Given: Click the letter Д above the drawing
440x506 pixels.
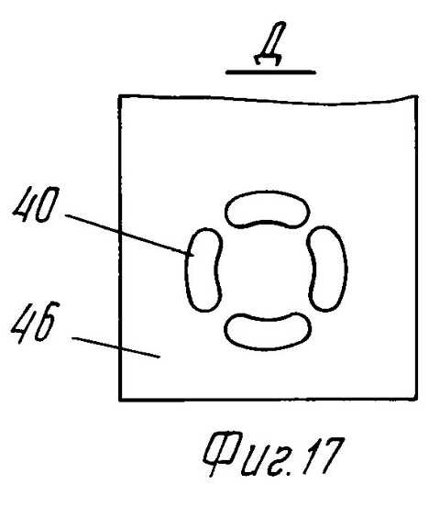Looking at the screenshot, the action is tap(269, 44).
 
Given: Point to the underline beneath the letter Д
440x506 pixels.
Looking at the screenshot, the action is tap(270, 72).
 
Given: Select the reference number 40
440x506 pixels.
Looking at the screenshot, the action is tap(36, 203).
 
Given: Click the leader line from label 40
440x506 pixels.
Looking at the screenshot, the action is tap(129, 235).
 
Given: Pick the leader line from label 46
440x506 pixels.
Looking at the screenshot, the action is tap(115, 347).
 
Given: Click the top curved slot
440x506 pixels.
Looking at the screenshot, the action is tap(268, 209).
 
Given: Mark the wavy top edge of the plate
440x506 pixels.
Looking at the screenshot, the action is tap(268, 100).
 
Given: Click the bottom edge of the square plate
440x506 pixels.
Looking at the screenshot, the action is tap(269, 400).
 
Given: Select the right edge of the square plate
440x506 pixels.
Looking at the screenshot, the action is tap(416, 247).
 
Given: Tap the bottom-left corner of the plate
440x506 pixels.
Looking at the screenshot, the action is tap(120, 400).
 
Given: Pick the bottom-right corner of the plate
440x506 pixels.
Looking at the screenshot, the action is tap(416, 400).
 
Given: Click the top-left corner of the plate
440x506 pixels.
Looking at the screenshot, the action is tap(120, 96).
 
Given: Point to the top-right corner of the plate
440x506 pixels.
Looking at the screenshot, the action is tap(416, 96).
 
